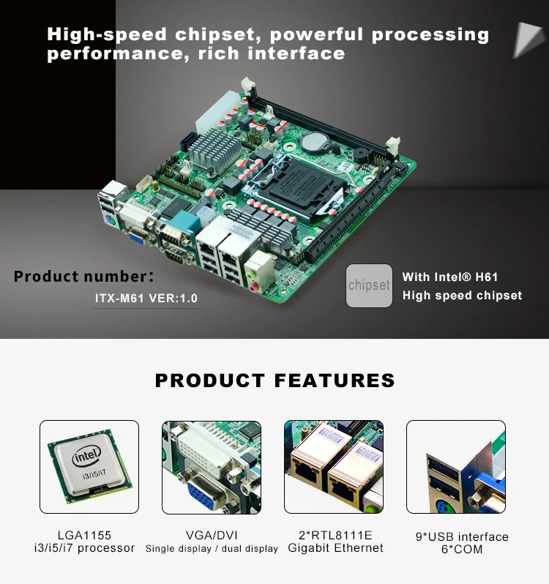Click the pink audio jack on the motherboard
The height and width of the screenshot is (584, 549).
(x=253, y=288)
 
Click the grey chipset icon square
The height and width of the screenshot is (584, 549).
(x=369, y=285)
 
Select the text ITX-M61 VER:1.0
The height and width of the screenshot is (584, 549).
(x=146, y=299)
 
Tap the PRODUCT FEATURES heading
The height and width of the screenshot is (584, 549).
(x=274, y=381)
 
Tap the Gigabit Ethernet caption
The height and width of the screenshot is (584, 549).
(x=335, y=548)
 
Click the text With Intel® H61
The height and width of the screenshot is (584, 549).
(x=450, y=277)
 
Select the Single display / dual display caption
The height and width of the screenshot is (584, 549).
(x=212, y=549)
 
